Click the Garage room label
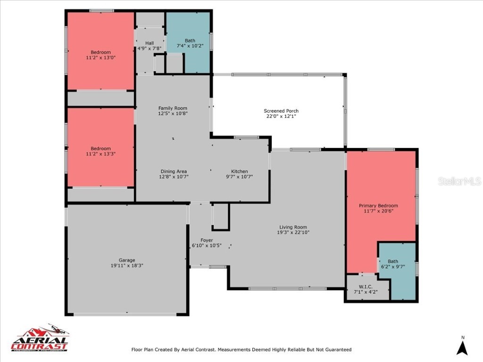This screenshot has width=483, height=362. click(x=127, y=260)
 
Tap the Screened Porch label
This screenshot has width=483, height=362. click(x=281, y=111)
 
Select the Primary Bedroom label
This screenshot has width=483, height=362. click(x=378, y=206)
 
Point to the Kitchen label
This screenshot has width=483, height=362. click(x=239, y=171)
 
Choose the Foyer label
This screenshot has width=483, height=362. click(x=207, y=240)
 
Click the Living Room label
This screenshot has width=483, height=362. click(x=293, y=226)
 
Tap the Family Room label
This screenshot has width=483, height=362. click(x=173, y=107)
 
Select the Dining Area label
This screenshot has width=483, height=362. click(x=174, y=171)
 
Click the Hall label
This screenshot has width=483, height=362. click(x=149, y=43)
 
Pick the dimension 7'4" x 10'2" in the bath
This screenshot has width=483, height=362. click(x=190, y=46)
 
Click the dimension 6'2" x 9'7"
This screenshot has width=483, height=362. click(x=393, y=267)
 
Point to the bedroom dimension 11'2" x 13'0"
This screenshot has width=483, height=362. click(x=101, y=58)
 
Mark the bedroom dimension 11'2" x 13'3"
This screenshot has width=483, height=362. click(x=101, y=154)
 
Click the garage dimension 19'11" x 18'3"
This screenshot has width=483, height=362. click(x=127, y=265)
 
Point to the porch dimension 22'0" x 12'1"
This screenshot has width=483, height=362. click(x=281, y=116)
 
